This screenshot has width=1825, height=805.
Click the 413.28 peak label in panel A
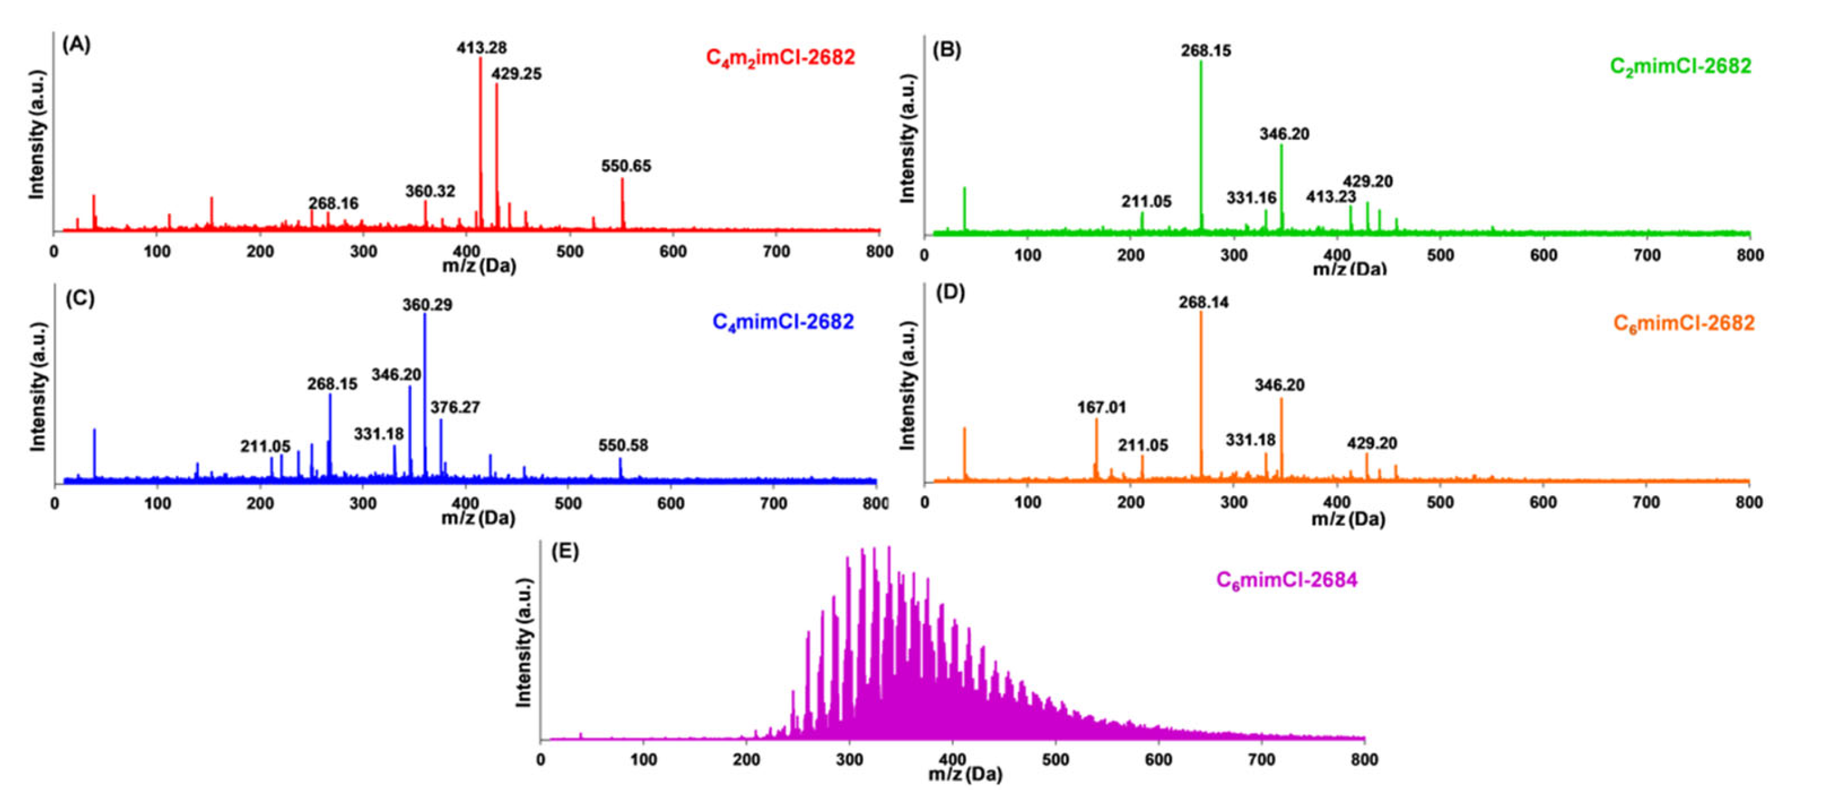pos(481,48)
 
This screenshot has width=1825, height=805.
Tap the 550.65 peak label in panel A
pos(626,166)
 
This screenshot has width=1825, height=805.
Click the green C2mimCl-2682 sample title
pos(1680,67)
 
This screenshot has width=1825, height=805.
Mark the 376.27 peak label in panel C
pos(455,408)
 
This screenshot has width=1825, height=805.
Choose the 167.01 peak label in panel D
pos(1101,408)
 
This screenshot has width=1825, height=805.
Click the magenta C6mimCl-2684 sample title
pos(1287,580)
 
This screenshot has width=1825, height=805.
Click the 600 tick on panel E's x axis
pos(1159,759)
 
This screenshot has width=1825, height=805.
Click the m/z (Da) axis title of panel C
pos(478,518)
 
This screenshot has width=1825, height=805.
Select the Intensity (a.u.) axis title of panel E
pos(523,643)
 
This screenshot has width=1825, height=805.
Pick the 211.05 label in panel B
pos(1145,202)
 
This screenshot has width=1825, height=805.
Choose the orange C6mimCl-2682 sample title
pos(1683,323)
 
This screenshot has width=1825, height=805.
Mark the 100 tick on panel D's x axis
pos(1027,502)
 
